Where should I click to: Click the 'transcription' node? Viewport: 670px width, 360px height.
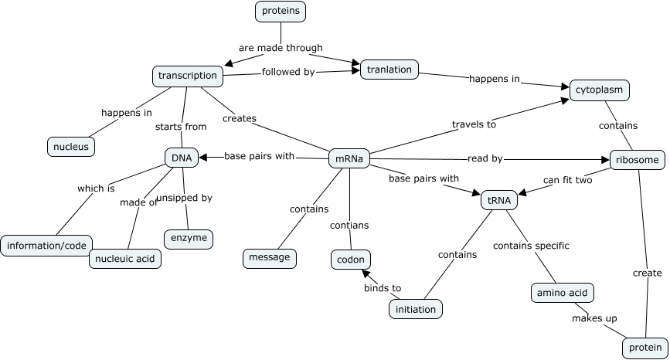click(188, 76)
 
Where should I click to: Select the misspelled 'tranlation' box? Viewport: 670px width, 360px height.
click(389, 70)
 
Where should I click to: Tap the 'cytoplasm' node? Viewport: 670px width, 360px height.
click(599, 90)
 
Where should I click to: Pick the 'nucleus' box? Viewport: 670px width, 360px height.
click(71, 146)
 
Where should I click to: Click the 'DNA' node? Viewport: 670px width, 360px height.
click(182, 158)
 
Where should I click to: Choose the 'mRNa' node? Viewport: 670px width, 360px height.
click(349, 158)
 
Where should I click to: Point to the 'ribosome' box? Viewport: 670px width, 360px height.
click(637, 160)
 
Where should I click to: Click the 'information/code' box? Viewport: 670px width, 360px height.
click(47, 246)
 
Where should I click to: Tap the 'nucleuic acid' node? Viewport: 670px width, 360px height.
click(125, 258)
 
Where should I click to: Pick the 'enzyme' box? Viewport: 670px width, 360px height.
click(189, 238)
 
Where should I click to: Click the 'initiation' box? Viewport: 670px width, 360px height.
click(416, 309)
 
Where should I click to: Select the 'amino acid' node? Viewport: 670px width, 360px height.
click(563, 293)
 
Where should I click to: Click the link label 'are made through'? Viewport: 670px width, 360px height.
click(281, 48)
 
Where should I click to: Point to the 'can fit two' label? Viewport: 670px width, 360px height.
click(567, 180)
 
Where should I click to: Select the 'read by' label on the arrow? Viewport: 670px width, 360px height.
click(485, 158)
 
